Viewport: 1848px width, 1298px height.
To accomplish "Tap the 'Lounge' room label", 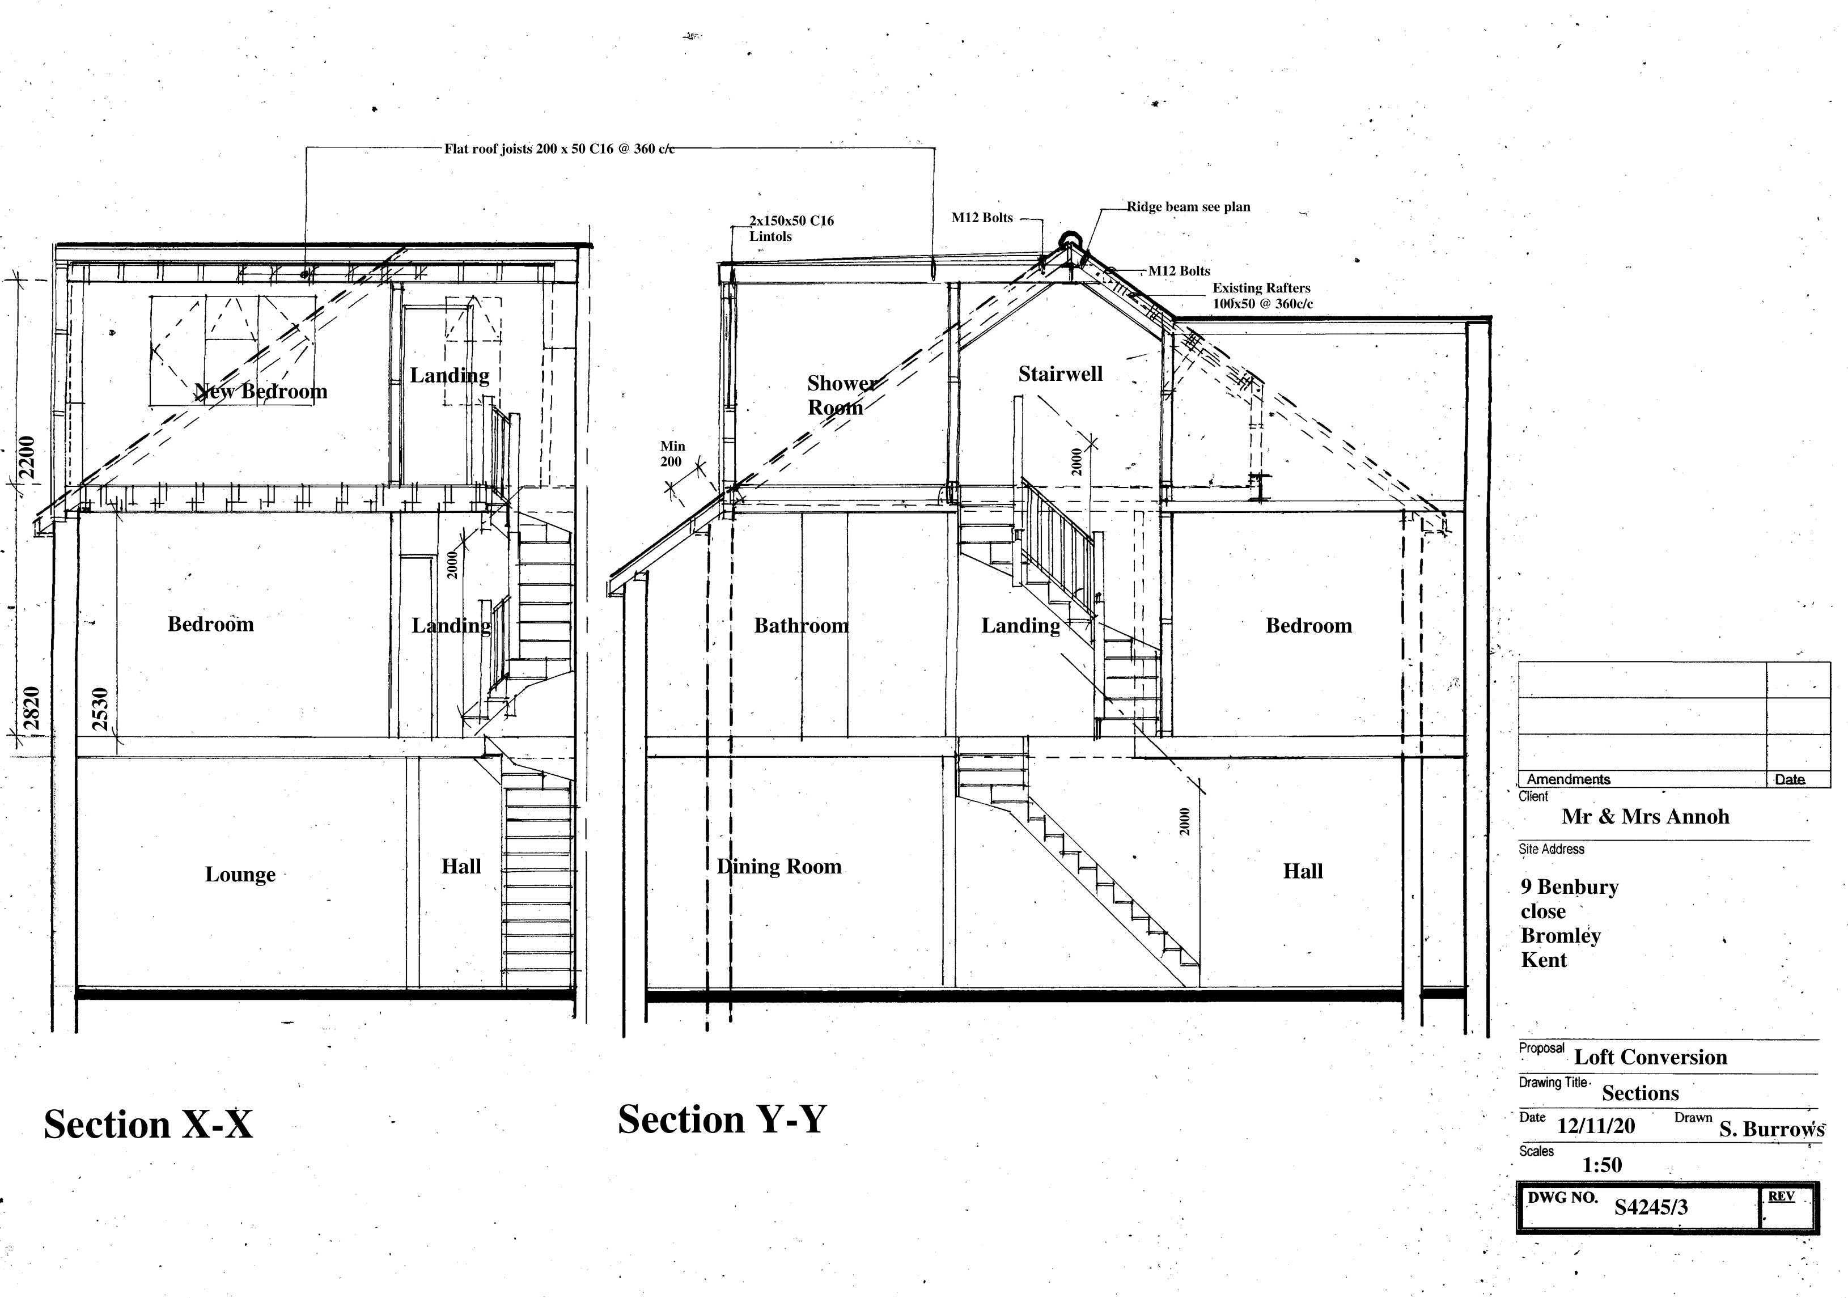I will (x=240, y=874).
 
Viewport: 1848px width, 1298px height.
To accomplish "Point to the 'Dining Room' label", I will (x=779, y=867).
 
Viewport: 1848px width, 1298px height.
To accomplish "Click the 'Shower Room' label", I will (x=841, y=395).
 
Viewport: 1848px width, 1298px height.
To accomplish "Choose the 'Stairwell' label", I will (x=1060, y=374).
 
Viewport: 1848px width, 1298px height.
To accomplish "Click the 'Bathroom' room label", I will (x=801, y=625).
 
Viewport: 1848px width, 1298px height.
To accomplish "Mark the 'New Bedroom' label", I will (x=261, y=392).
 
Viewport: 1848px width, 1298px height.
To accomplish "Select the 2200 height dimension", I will (x=27, y=457).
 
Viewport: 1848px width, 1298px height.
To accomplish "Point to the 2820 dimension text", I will (x=31, y=707).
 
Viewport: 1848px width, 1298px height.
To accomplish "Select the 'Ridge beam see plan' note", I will (x=1188, y=207).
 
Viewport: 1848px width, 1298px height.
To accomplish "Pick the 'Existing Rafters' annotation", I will (x=1262, y=295).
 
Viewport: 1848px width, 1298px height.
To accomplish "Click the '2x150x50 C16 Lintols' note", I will (x=791, y=228).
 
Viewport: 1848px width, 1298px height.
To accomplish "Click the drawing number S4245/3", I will (x=1651, y=1207).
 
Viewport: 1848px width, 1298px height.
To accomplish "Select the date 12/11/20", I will (x=1595, y=1126).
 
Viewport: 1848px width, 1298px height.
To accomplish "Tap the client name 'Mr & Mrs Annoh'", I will (x=1645, y=817).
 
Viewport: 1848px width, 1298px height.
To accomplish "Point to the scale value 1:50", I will (x=1602, y=1164).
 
